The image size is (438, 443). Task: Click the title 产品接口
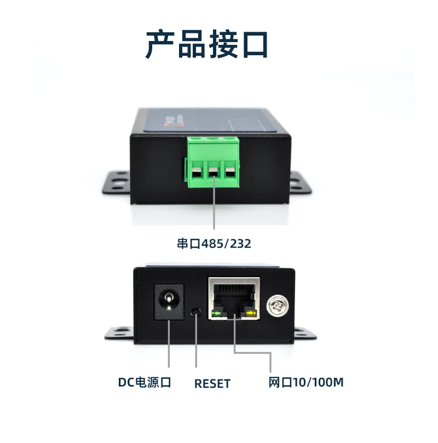206,44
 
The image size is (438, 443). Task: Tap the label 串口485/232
214,243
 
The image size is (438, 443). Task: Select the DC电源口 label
145,382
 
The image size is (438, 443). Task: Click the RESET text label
212,383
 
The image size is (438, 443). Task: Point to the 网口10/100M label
306,382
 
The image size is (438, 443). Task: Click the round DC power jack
169,302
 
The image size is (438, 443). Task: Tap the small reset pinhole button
195,312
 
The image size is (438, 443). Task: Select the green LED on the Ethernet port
217,313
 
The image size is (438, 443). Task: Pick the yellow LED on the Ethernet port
251,313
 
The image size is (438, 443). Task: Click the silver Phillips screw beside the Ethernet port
278,305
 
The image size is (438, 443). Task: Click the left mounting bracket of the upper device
116,183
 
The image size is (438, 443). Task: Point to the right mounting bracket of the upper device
301,183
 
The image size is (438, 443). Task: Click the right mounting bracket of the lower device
306,334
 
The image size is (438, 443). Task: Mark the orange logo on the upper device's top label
170,124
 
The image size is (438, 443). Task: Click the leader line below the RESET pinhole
196,342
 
